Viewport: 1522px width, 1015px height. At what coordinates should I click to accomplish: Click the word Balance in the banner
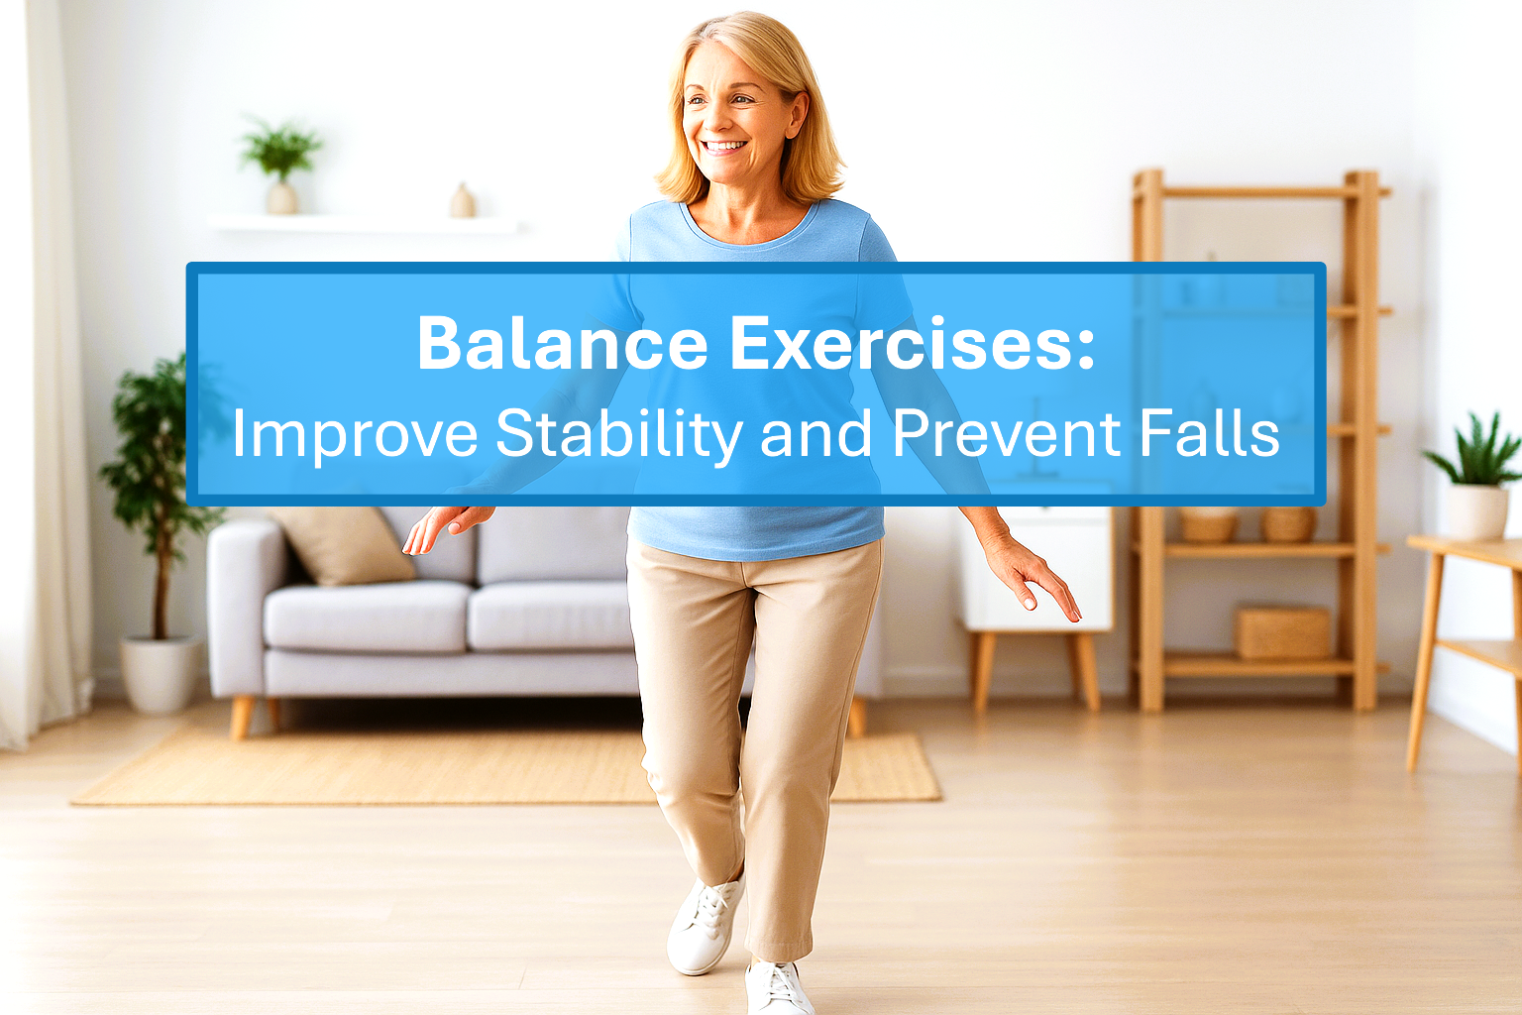pyautogui.click(x=562, y=343)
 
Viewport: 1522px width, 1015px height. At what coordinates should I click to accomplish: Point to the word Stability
pyautogui.click(x=618, y=433)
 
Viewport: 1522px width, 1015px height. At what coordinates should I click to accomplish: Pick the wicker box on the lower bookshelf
pyautogui.click(x=1281, y=631)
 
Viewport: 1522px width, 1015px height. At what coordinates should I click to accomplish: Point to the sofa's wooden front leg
pyautogui.click(x=242, y=716)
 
